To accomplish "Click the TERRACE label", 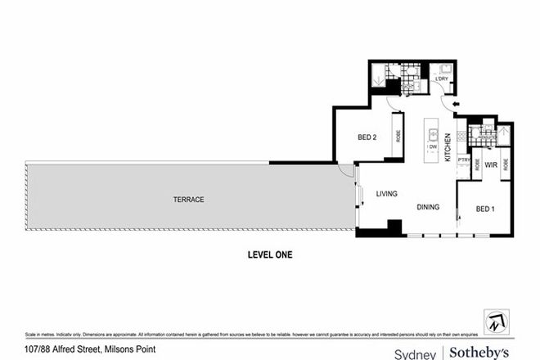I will coord(187,200).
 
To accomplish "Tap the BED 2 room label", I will coord(367,137).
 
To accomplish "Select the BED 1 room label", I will coord(486,209).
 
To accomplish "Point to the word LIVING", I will coord(386,194).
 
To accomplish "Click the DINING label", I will coord(429,207).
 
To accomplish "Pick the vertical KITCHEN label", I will coord(448,148).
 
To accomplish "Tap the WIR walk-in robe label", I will coord(491,164).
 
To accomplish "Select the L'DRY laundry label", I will coord(442,79).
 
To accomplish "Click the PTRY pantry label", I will coord(464,160).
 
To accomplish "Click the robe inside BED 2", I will coord(397,136).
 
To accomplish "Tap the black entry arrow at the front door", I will coord(456,104).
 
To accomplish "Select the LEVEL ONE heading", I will coord(269,254).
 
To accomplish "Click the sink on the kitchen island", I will coord(431,131).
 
